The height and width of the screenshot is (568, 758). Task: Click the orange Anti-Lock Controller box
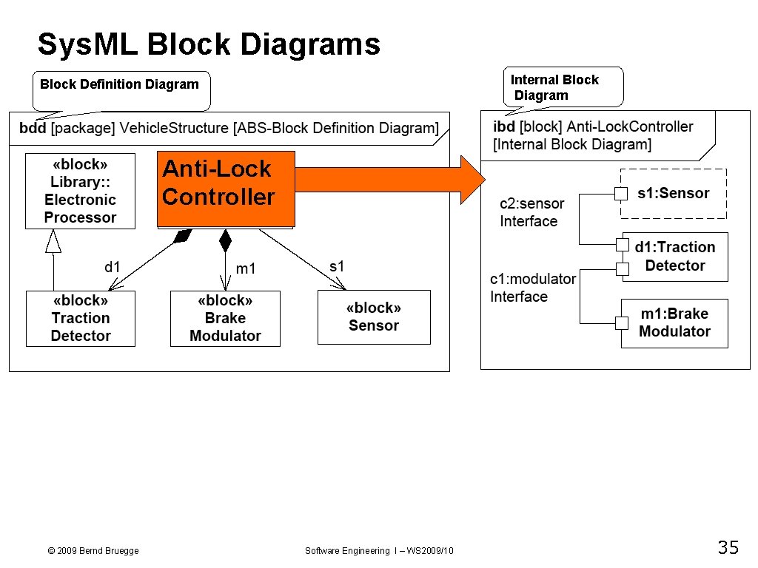pos(226,189)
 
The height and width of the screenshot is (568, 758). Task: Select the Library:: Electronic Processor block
pos(80,191)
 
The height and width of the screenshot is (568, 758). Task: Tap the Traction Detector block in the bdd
pos(81,319)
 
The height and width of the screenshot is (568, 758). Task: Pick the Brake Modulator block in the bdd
pos(226,319)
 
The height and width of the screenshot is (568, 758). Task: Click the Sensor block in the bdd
pos(374,317)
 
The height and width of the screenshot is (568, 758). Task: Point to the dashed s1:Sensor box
pos(674,193)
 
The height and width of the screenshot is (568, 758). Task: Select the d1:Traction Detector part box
pos(675,257)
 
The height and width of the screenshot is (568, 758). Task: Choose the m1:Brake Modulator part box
pos(674,323)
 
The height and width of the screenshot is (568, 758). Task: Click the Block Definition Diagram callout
pos(120,85)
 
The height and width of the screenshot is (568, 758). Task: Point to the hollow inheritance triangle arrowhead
pos(53,241)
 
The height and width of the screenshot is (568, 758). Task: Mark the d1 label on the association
pos(113,267)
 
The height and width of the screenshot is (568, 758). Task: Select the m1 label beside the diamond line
pos(246,268)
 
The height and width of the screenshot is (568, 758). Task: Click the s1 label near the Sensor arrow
pos(337,266)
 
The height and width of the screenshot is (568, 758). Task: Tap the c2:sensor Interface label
pos(531,212)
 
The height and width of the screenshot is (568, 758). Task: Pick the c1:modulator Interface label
pos(533,288)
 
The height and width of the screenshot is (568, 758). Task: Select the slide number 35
pos(728,548)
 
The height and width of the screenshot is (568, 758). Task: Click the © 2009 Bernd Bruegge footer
pos(93,551)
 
